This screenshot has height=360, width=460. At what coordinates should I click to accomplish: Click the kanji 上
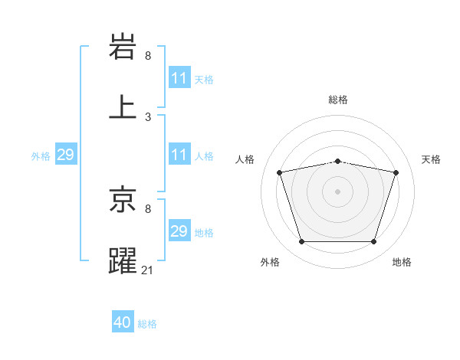(x=123, y=107)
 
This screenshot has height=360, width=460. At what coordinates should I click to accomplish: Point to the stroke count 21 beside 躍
(x=149, y=270)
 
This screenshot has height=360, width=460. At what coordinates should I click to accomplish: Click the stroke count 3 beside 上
(x=148, y=117)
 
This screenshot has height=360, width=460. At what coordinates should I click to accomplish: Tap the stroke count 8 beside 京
(x=148, y=208)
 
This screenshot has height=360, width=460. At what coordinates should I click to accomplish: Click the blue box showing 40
(x=123, y=323)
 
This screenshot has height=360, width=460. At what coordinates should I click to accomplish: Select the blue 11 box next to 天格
(x=179, y=78)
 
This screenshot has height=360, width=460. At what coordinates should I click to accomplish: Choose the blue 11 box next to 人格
(x=179, y=155)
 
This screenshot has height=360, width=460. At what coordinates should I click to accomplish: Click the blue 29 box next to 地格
(x=179, y=231)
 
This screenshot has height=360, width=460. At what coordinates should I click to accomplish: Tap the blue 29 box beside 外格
(x=65, y=155)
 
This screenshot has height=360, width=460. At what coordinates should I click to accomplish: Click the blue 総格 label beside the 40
(x=147, y=324)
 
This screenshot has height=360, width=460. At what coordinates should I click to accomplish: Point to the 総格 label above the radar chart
(x=337, y=100)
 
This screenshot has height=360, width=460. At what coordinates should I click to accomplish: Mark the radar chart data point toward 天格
(x=396, y=172)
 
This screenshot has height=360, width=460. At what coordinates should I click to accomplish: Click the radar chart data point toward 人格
(x=280, y=172)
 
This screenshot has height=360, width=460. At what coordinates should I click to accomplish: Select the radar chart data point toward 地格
(x=373, y=242)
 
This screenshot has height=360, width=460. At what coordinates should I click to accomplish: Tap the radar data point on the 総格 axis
(x=337, y=161)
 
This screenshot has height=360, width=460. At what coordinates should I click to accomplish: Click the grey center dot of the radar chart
(x=337, y=191)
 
